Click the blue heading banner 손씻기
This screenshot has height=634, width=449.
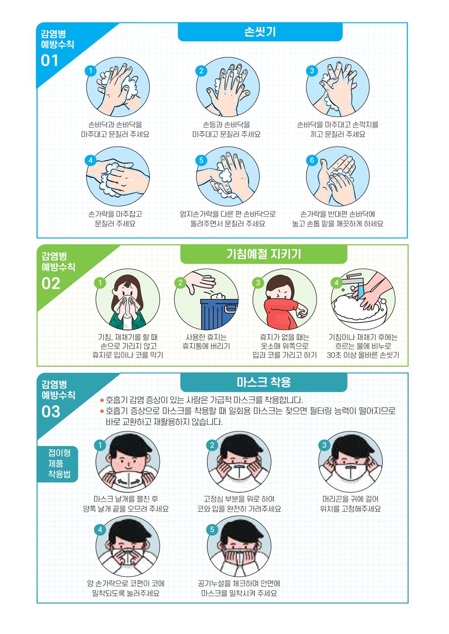260,32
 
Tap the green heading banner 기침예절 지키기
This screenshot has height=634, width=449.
263,254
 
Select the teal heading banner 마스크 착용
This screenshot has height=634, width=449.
263,382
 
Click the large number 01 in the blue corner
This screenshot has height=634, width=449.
50,60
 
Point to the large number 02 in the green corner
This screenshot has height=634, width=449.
51,283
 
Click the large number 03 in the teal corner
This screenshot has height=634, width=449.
51,412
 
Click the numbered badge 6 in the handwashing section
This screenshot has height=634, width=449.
312,160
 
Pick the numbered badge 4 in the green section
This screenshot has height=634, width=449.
336,282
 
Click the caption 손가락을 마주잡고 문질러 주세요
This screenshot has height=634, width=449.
115,219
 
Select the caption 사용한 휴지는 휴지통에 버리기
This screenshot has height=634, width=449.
206,341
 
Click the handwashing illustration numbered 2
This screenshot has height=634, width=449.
228,87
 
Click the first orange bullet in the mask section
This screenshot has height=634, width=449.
102,400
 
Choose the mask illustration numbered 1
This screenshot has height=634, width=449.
128,462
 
